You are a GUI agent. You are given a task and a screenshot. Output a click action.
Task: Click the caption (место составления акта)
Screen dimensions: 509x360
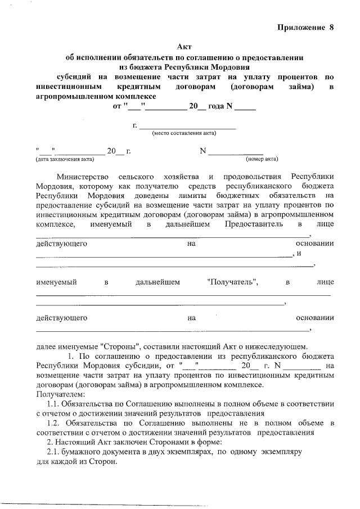point(184,133)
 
